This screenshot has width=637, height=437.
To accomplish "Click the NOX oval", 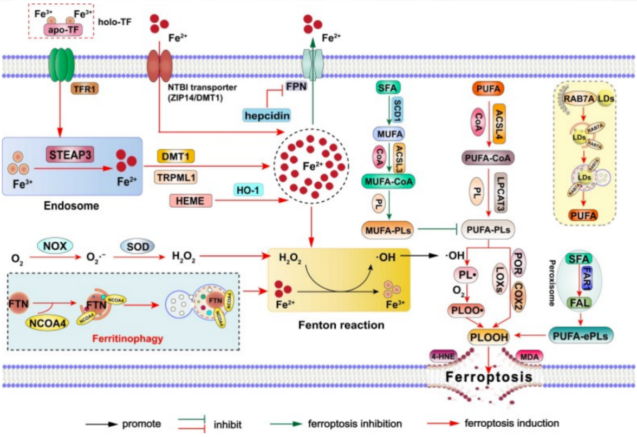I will pos(55,245).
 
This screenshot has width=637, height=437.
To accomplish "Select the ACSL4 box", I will pos(499,123).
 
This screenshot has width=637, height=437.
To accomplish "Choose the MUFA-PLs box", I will pos(383,230).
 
